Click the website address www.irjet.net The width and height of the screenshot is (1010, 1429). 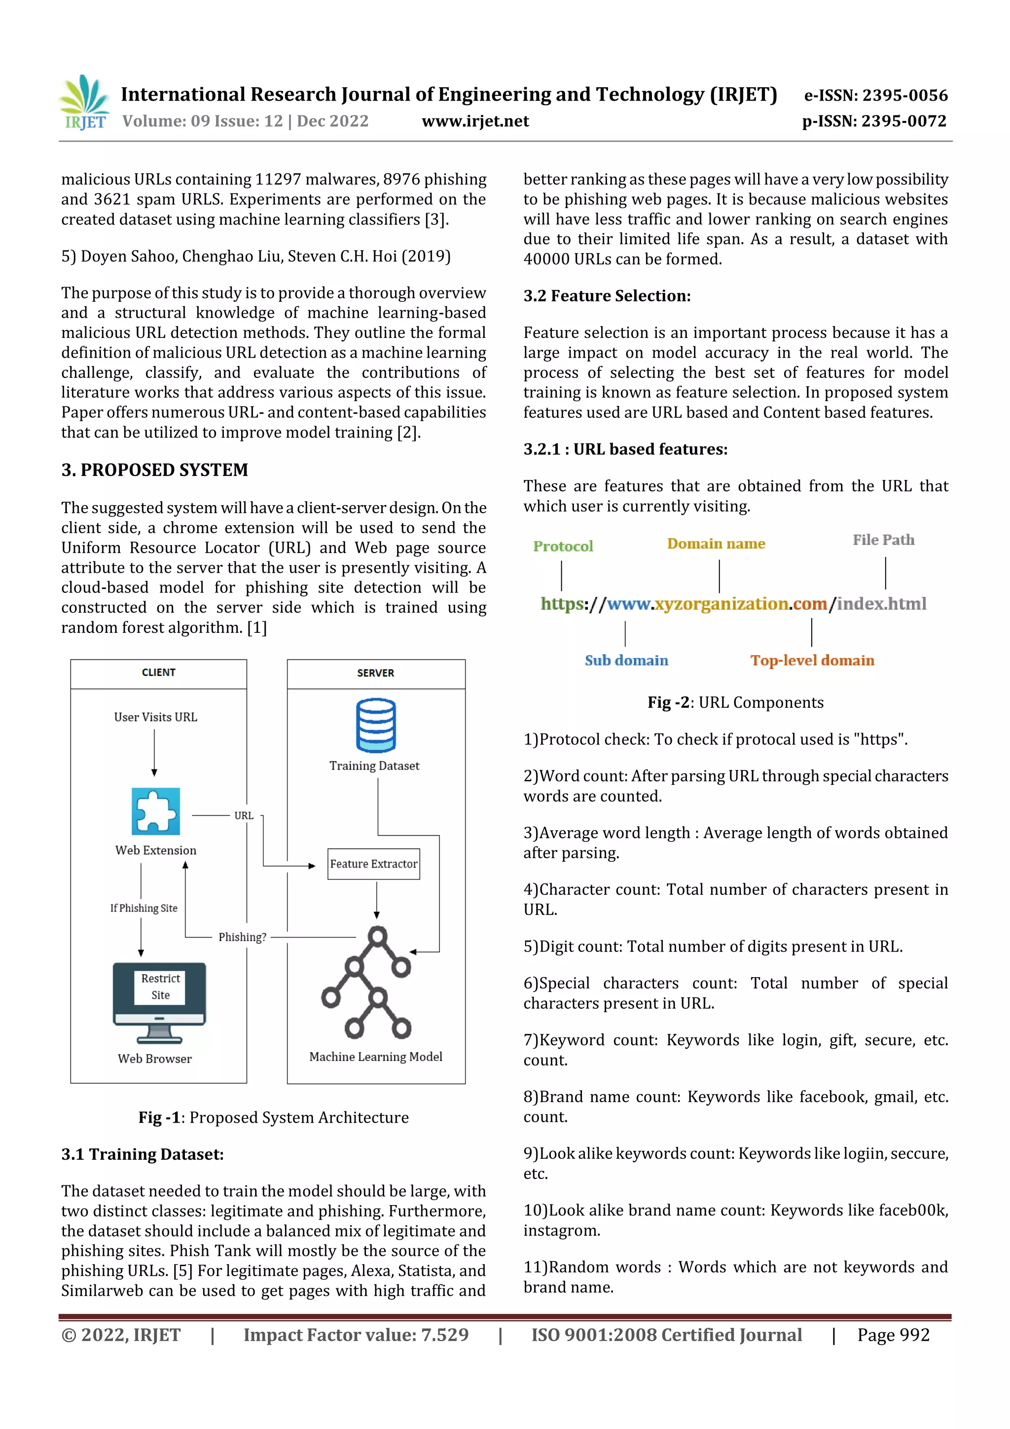(x=475, y=121)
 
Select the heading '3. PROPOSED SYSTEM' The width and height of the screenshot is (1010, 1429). (x=154, y=470)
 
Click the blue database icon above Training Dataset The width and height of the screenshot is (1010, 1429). (x=376, y=725)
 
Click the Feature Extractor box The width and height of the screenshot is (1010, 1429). (x=373, y=864)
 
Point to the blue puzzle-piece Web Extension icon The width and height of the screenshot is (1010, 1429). (x=155, y=811)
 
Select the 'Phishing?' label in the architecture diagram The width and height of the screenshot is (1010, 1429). (x=242, y=937)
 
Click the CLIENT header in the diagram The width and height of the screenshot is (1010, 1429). (x=159, y=672)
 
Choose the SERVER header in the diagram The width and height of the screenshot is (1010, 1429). (x=375, y=673)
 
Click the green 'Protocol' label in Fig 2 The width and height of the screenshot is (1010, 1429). (x=563, y=546)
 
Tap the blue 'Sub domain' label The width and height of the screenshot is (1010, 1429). (x=626, y=660)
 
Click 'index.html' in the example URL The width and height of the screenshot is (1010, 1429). (x=881, y=604)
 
